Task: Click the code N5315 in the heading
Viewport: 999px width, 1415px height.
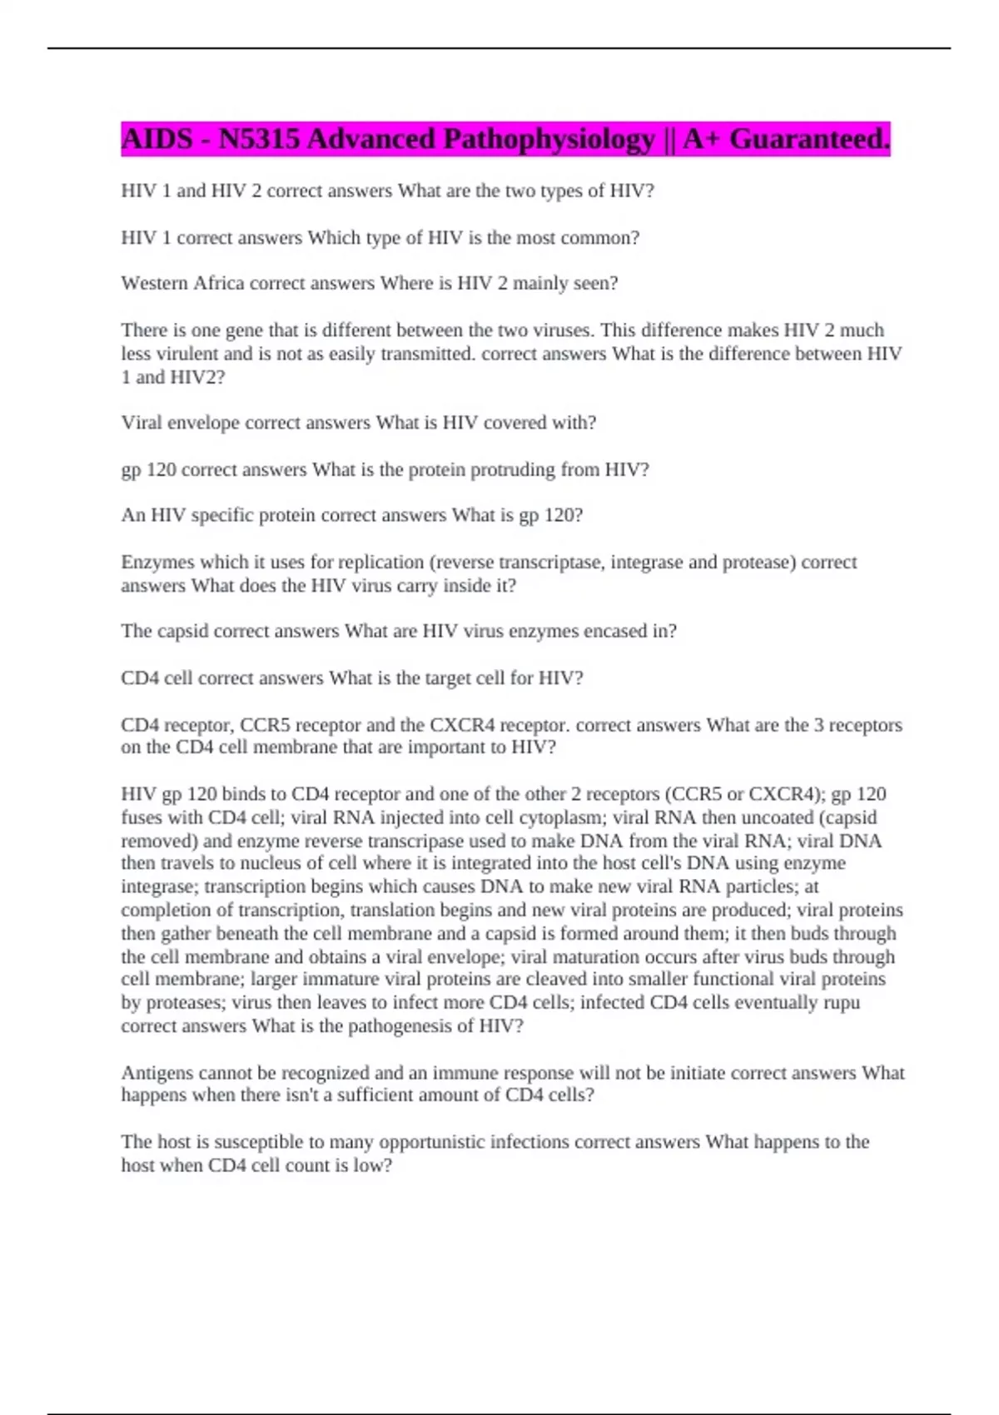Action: point(258,139)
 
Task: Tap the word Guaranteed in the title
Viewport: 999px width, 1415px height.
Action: point(808,139)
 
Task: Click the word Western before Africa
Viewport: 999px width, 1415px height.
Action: point(154,284)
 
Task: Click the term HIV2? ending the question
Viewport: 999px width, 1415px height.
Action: point(197,377)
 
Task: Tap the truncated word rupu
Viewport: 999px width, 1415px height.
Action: point(842,1002)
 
